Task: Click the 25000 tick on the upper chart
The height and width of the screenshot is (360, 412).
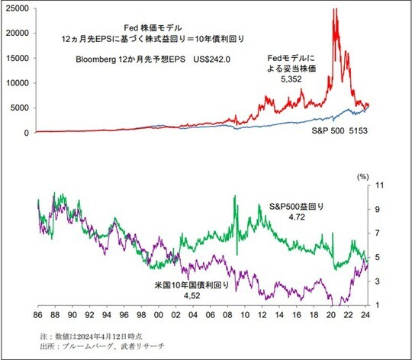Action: pyautogui.click(x=16, y=8)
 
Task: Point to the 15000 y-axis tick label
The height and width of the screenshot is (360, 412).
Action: pyautogui.click(x=16, y=58)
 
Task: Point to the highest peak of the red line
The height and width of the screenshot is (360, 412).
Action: pyautogui.click(x=334, y=9)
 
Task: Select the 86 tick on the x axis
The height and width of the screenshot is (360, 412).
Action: pyautogui.click(x=38, y=313)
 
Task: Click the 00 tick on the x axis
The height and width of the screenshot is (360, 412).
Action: pyautogui.click(x=159, y=313)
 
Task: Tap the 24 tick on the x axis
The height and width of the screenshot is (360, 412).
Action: pyautogui.click(x=366, y=313)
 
